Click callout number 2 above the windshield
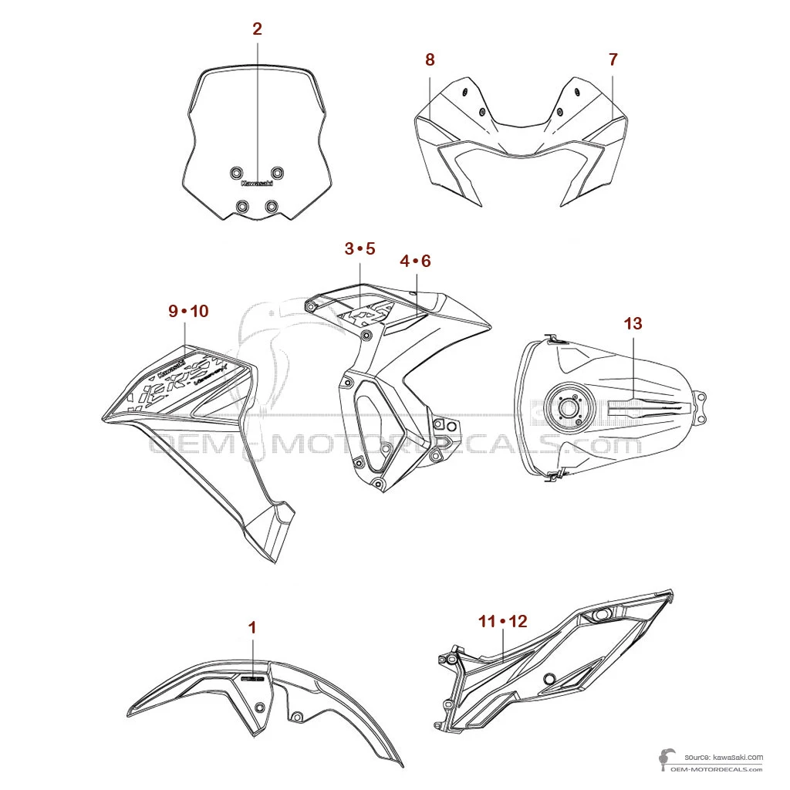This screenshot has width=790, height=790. pos(257,29)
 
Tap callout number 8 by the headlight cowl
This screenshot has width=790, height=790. pos(430,59)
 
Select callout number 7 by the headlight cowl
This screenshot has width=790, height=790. pos(613,59)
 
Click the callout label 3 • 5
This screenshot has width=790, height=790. pos(360,248)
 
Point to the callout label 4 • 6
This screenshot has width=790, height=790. pos(415,262)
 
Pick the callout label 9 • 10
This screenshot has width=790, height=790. pos(188,311)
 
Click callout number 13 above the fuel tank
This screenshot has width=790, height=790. pos(633,323)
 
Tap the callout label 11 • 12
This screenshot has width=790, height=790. pos(502,621)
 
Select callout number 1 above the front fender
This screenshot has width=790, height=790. pos(252,628)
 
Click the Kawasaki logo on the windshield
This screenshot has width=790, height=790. pos(257,183)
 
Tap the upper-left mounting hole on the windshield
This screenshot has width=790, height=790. pos(237,172)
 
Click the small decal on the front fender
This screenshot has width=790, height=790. pos(252,680)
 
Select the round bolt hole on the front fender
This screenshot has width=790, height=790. pos(261,707)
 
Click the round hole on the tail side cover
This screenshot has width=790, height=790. pos(549,679)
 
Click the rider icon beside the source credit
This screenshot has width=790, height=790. pos(664,761)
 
